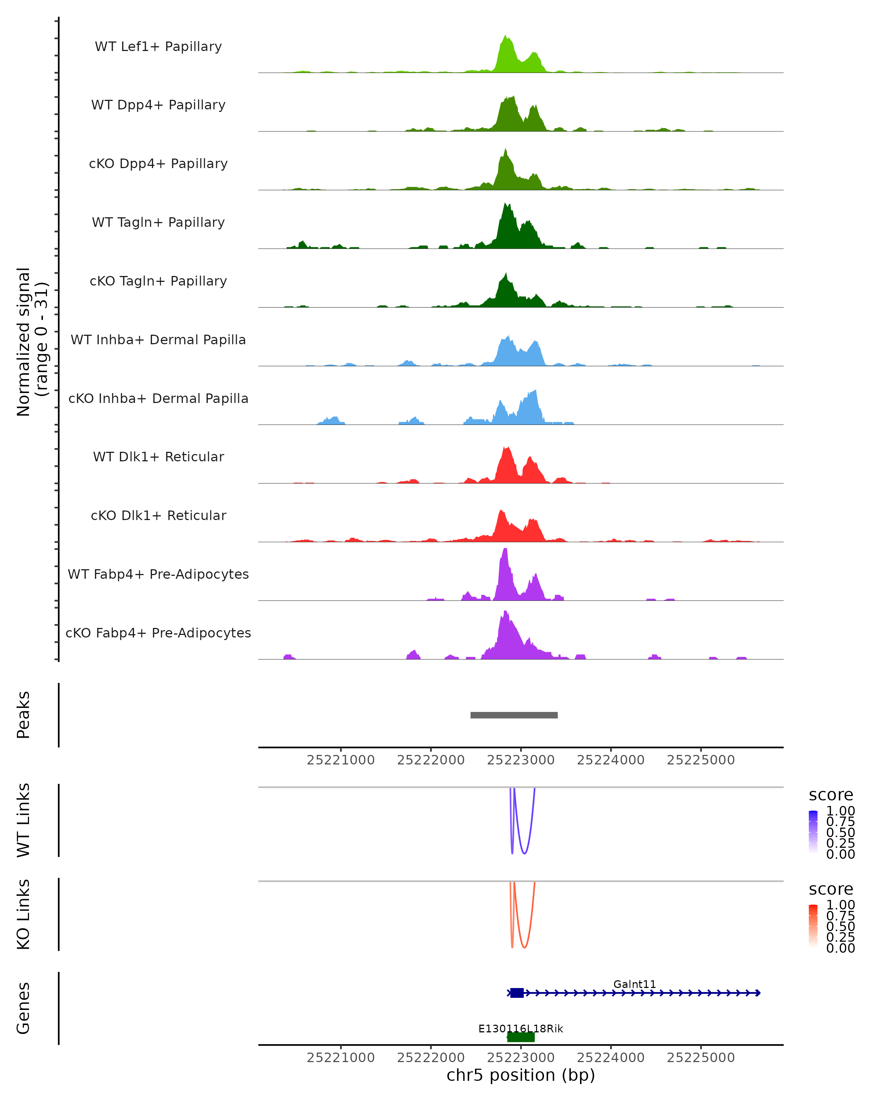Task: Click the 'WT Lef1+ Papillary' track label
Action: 158,47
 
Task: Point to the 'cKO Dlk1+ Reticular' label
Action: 158,515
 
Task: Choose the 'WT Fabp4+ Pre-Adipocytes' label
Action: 158,574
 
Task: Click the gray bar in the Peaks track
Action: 514,715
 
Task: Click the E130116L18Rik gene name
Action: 521,1028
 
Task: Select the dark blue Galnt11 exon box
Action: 517,993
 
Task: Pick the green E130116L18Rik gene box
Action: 521,1037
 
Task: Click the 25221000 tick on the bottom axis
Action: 341,1058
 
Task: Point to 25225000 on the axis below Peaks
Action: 701,760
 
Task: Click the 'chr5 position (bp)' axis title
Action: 521,1075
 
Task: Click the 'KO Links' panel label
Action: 23,914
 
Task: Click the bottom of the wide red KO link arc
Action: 524,948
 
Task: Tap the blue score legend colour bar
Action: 813,831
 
